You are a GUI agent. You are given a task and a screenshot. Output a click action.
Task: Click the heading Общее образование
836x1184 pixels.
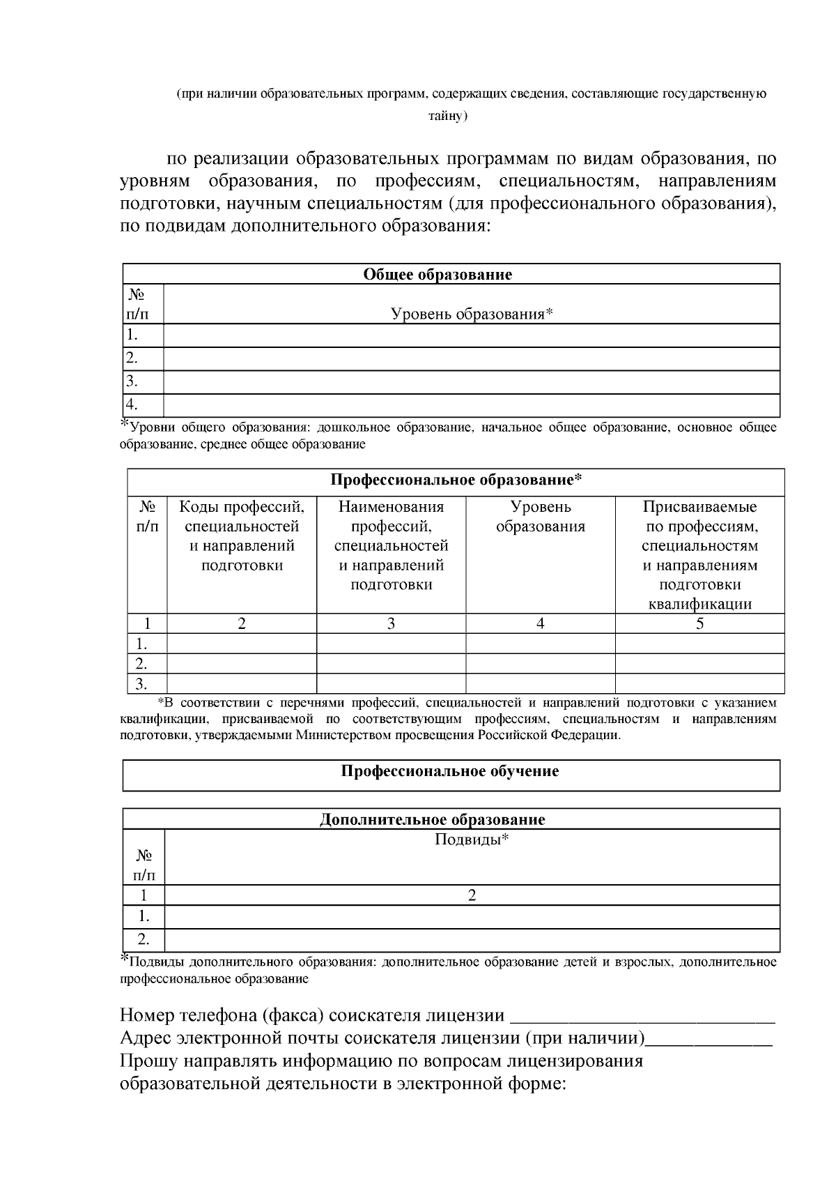point(437,274)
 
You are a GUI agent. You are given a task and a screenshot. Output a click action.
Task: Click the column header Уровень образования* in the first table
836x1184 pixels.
point(472,314)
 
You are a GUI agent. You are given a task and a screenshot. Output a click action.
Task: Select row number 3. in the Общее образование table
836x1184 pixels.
point(132,381)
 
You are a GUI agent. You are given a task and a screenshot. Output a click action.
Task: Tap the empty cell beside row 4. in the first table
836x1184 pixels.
point(471,405)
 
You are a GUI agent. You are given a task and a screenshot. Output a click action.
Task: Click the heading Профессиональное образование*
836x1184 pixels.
point(456,480)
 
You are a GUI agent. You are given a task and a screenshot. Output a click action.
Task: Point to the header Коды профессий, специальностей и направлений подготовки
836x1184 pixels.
point(242,535)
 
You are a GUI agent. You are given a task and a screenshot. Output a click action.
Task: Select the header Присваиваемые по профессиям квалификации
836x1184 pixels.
point(699,554)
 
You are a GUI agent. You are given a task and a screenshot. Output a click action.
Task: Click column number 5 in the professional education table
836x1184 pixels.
point(699,623)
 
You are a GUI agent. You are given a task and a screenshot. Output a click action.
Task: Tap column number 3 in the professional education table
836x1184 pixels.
point(391,623)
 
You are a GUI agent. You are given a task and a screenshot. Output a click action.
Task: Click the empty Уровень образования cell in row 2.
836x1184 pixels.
point(540,663)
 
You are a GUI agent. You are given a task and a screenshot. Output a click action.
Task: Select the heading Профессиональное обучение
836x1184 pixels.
point(450,771)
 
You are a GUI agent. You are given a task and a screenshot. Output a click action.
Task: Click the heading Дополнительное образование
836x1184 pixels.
point(432,819)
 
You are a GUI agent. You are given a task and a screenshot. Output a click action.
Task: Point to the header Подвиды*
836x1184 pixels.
point(472,839)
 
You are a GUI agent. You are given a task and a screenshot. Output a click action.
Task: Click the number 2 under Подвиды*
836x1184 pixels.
point(472,895)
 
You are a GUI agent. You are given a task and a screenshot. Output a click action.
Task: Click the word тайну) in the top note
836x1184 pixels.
point(448,116)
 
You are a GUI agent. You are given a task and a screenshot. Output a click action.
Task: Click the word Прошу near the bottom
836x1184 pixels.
point(144,1061)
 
